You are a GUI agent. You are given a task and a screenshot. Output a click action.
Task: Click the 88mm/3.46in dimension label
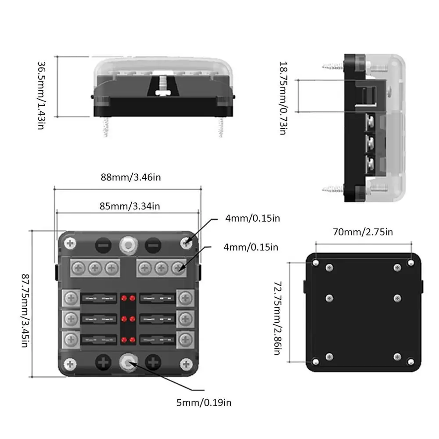click(x=131, y=177)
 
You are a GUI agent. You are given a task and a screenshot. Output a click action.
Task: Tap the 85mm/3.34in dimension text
click(x=130, y=206)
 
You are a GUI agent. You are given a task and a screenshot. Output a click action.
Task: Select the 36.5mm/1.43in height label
click(x=41, y=95)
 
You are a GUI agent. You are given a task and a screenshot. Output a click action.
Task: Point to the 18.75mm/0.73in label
click(x=284, y=98)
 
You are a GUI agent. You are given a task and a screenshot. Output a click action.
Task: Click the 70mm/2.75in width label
click(x=363, y=232)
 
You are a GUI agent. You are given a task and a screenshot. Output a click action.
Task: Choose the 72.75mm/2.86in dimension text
click(x=277, y=318)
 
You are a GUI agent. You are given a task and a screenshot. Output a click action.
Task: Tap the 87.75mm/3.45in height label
click(x=25, y=310)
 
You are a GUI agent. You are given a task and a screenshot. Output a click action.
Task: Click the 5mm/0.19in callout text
click(x=204, y=403)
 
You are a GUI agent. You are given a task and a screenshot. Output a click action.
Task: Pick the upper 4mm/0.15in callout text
click(x=252, y=218)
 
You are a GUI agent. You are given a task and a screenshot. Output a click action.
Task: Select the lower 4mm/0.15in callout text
click(x=251, y=247)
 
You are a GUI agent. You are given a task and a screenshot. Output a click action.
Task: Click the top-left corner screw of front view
click(x=70, y=244)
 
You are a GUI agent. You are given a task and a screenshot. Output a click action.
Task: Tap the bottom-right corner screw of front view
click(x=186, y=364)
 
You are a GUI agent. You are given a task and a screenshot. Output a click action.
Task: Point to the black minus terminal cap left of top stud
click(x=103, y=245)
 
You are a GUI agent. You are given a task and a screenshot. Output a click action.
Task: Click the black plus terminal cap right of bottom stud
click(x=153, y=362)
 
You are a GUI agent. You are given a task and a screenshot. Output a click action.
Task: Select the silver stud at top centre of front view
click(x=129, y=245)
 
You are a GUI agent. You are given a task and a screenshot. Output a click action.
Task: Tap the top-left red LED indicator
click(x=124, y=298)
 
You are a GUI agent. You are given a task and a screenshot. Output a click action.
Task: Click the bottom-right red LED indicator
click(x=133, y=340)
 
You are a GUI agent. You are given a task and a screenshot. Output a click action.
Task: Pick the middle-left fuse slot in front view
click(x=98, y=319)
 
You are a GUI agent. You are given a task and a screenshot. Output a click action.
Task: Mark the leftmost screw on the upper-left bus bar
click(x=79, y=268)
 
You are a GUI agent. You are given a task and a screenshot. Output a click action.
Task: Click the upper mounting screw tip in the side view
click(x=333, y=67)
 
